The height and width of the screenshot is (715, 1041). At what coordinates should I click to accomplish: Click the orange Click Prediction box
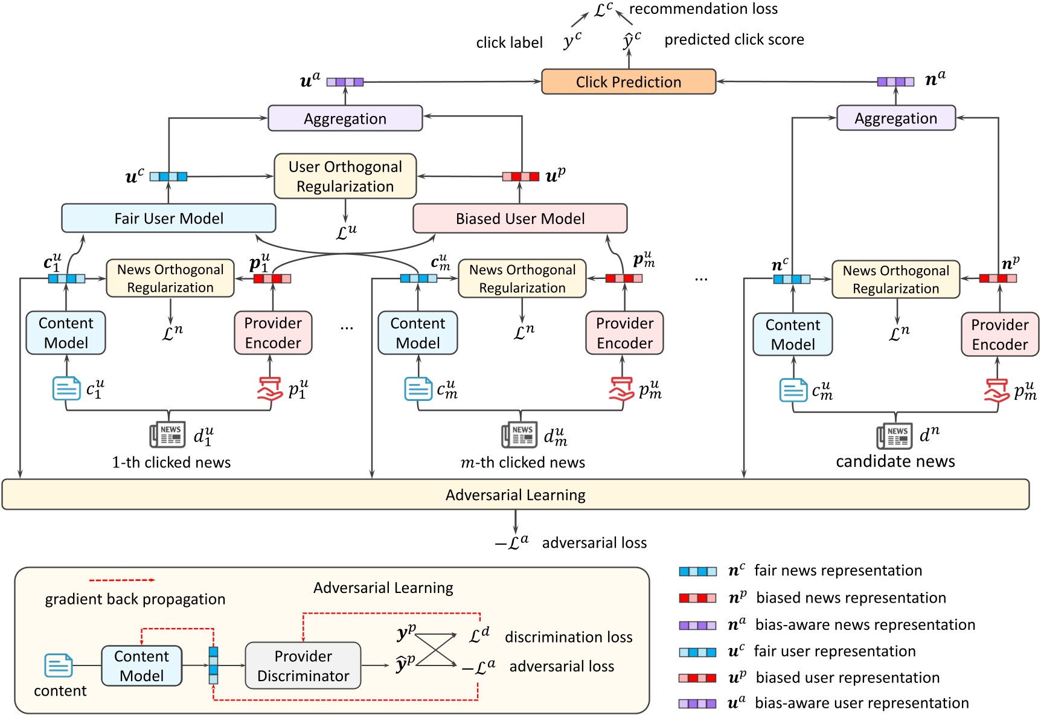pyautogui.click(x=628, y=82)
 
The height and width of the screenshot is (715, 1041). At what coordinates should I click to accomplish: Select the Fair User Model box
pyautogui.click(x=168, y=218)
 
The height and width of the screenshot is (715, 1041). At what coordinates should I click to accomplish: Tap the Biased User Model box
pyautogui.click(x=520, y=218)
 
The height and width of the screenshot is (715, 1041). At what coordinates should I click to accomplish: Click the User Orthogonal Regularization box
pyautogui.click(x=345, y=176)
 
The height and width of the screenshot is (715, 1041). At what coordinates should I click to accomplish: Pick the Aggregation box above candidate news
pyautogui.click(x=895, y=118)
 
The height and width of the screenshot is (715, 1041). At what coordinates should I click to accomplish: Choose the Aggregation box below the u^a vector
pyautogui.click(x=345, y=118)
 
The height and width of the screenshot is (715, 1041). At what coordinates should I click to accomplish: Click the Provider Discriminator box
pyautogui.click(x=303, y=665)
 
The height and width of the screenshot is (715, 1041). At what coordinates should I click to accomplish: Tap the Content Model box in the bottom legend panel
pyautogui.click(x=141, y=665)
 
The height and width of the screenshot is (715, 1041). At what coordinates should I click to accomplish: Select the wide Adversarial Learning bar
pyautogui.click(x=515, y=495)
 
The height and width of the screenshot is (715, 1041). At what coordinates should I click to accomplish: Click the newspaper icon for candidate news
pyautogui.click(x=894, y=436)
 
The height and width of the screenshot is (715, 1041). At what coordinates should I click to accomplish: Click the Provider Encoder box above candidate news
pyautogui.click(x=999, y=334)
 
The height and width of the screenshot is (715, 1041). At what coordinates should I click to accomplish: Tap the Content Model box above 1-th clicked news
pyautogui.click(x=66, y=333)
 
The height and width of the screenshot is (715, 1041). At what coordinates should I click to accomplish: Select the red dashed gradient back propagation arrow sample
pyautogui.click(x=122, y=580)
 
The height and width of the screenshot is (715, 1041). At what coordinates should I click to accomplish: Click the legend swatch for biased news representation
pyautogui.click(x=697, y=598)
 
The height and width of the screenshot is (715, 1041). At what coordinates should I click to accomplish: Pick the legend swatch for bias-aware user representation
pyautogui.click(x=697, y=704)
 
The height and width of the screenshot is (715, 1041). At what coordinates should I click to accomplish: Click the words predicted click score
pyautogui.click(x=734, y=40)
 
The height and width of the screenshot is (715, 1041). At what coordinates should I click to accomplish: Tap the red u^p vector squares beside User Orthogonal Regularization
pyautogui.click(x=520, y=176)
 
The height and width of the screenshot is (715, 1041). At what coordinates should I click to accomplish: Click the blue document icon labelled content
pyautogui.click(x=59, y=665)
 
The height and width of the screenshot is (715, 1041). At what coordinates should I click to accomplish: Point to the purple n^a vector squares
pyautogui.click(x=895, y=82)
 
